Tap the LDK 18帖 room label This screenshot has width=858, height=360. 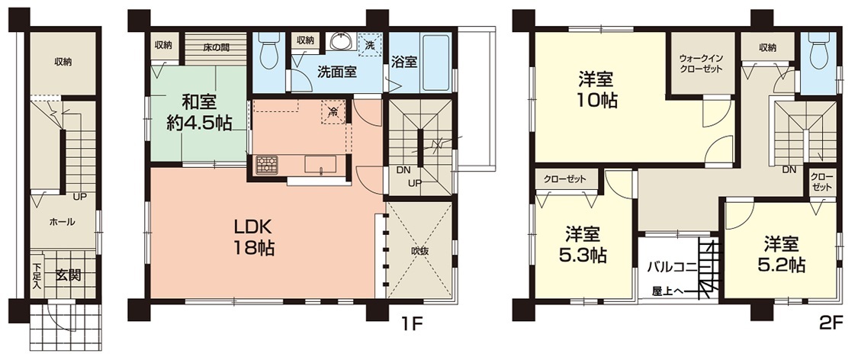point(254,237)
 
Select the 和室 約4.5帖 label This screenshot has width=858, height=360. point(199,111)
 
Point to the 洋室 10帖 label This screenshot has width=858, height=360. point(596,90)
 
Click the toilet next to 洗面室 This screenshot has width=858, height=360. point(268,50)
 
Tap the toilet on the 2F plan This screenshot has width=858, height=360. point(818,50)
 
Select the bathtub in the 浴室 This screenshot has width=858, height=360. point(437,61)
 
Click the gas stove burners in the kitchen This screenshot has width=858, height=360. point(267,164)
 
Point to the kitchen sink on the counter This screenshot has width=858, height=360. point(320,164)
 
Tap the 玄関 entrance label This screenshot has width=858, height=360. point(69,275)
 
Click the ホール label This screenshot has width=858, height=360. point(63,222)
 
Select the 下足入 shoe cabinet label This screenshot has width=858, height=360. point(37,276)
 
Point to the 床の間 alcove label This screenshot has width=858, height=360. point(217,47)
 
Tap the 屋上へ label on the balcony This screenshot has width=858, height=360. point(667,291)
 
